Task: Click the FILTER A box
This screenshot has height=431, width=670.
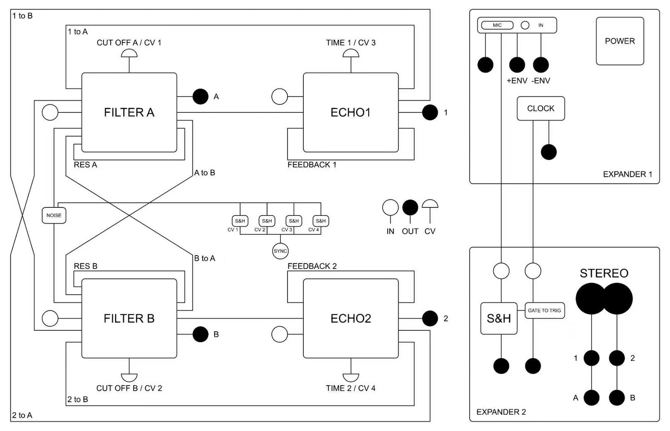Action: [129, 112]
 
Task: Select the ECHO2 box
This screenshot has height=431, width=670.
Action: [351, 318]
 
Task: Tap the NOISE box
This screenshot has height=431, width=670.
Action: [54, 215]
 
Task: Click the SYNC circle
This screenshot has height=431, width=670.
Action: [280, 251]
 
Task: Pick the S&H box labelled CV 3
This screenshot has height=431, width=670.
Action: [294, 221]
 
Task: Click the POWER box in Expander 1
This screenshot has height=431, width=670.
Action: [619, 41]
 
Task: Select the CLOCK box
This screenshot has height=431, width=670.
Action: [541, 109]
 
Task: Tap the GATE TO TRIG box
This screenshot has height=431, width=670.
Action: [544, 310]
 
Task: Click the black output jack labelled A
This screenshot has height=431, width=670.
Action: [200, 96]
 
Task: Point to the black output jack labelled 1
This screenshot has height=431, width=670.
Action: [430, 112]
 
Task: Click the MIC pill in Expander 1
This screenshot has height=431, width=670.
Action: [497, 25]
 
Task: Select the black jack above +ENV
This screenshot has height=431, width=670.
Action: [517, 64]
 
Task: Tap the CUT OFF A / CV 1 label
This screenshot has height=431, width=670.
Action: [129, 43]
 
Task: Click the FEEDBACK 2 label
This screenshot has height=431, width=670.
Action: [312, 266]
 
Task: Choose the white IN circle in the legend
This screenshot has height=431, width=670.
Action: [390, 208]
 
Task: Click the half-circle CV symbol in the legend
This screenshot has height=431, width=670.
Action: [430, 205]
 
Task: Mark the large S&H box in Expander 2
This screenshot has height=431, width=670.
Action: [498, 318]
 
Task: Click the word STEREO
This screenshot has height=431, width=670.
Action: [604, 273]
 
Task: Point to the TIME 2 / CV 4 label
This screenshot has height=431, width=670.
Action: [351, 388]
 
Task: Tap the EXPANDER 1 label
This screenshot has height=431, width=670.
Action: [627, 174]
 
